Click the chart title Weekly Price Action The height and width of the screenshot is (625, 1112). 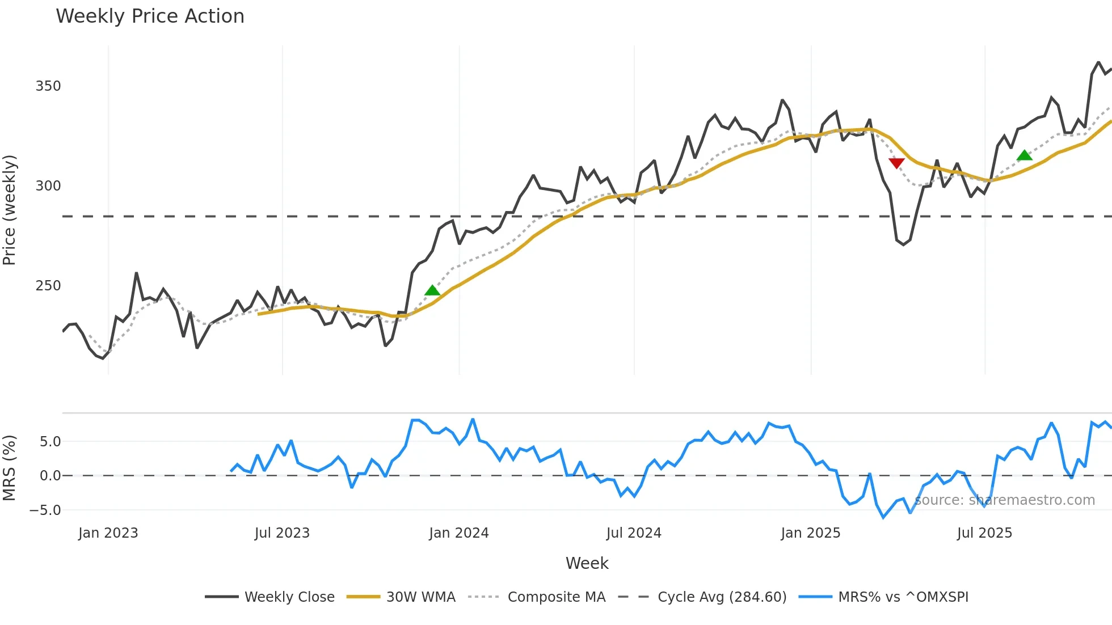click(x=150, y=16)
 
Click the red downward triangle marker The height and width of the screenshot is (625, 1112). click(x=896, y=163)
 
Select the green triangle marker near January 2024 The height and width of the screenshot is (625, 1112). click(x=432, y=290)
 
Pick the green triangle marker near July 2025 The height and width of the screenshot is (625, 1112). click(x=1025, y=155)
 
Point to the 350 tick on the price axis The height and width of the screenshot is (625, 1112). click(x=48, y=86)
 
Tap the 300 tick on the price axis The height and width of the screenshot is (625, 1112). click(x=48, y=186)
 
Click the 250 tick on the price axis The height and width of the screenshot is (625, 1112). click(x=48, y=286)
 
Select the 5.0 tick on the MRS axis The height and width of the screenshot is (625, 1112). click(x=50, y=442)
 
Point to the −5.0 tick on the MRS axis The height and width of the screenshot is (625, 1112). click(x=45, y=510)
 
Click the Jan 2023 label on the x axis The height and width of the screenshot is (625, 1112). click(x=108, y=533)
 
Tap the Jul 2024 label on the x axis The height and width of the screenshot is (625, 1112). click(x=634, y=533)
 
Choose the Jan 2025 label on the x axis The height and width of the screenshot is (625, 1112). click(x=810, y=533)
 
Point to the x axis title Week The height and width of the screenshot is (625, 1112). click(x=587, y=563)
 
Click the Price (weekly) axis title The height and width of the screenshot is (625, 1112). click(x=10, y=210)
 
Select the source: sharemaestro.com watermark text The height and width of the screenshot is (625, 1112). click(x=1005, y=500)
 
